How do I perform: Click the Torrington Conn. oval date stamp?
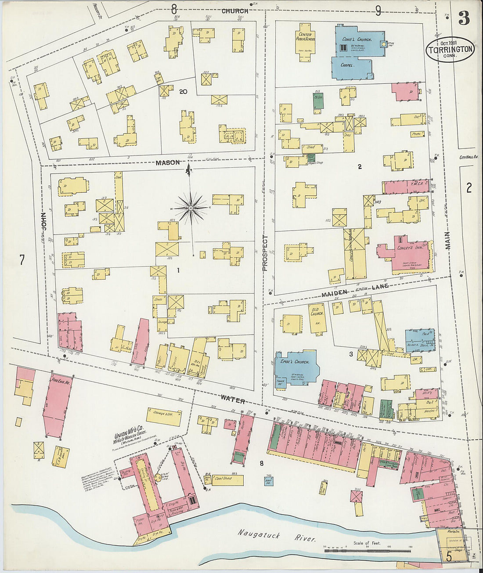pos(451,49)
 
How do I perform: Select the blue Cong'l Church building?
pos(358,46)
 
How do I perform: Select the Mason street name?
pos(167,162)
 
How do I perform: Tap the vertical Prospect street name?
pos(265,253)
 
